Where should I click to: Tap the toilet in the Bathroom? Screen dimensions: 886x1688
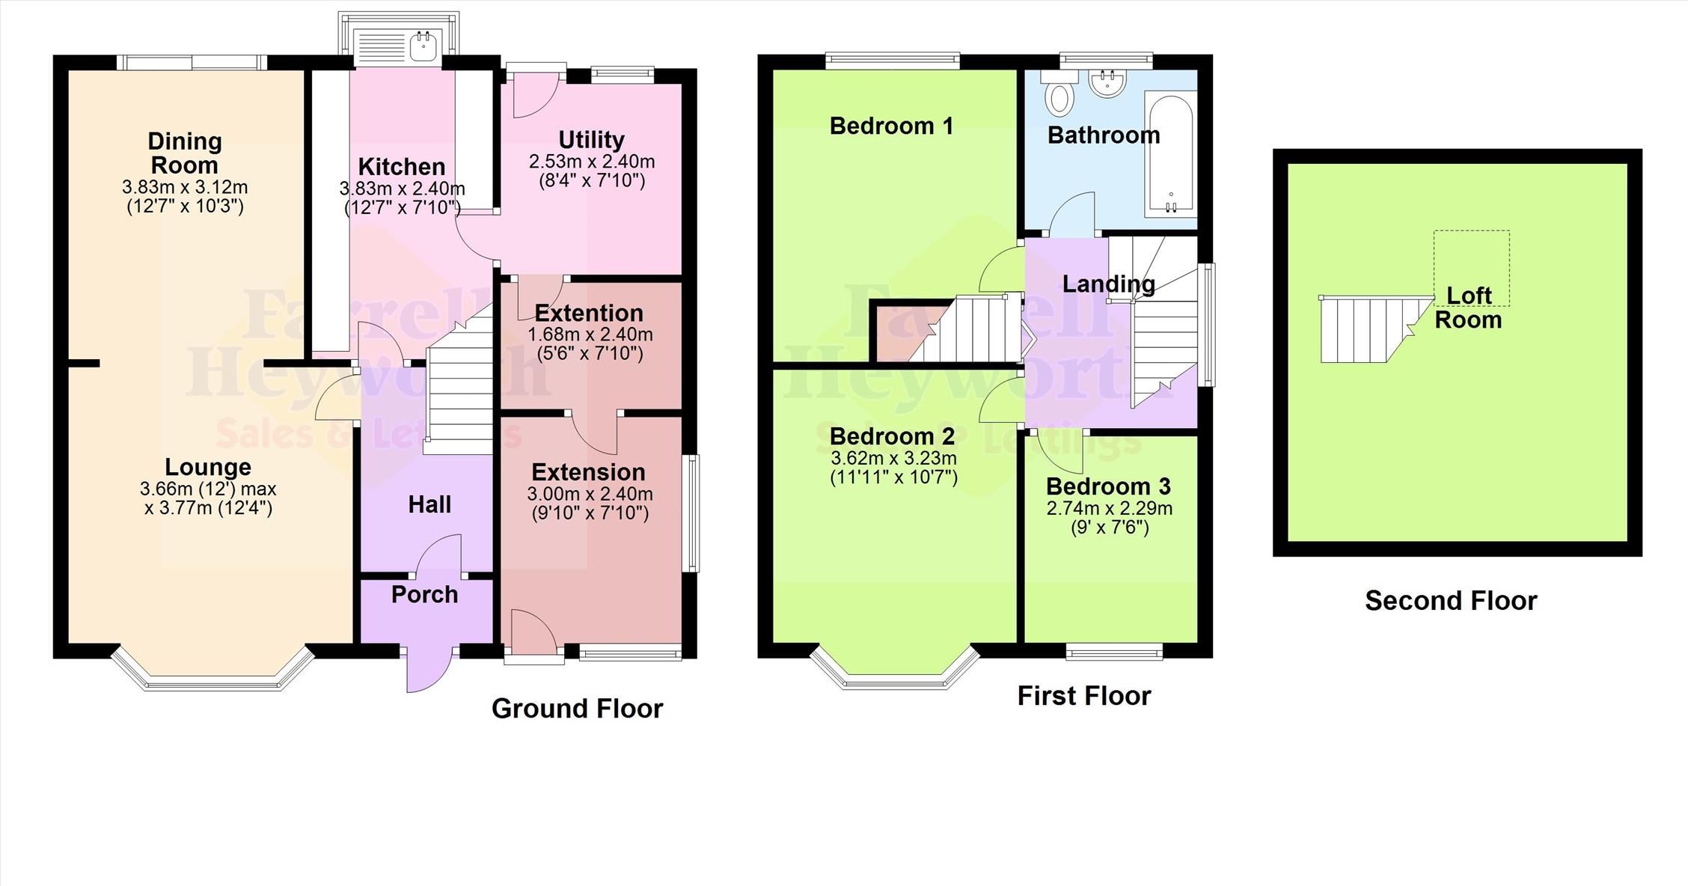point(1059,97)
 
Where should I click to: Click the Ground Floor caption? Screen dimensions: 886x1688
point(577,709)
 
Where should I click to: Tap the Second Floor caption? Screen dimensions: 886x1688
point(1450,601)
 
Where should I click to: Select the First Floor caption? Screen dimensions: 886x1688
point(1083,696)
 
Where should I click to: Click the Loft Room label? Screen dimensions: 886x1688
point(1468,308)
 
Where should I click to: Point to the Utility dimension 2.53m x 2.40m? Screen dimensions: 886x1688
point(591,162)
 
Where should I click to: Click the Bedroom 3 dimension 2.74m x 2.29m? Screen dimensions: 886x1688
point(1109,509)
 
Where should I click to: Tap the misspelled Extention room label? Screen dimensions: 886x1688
point(589,313)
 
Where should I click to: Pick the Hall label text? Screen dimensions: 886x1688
point(429,504)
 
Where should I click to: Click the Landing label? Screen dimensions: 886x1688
point(1108,284)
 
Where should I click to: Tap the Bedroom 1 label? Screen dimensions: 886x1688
point(891,126)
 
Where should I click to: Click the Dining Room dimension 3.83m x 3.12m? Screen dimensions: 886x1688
point(185,187)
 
